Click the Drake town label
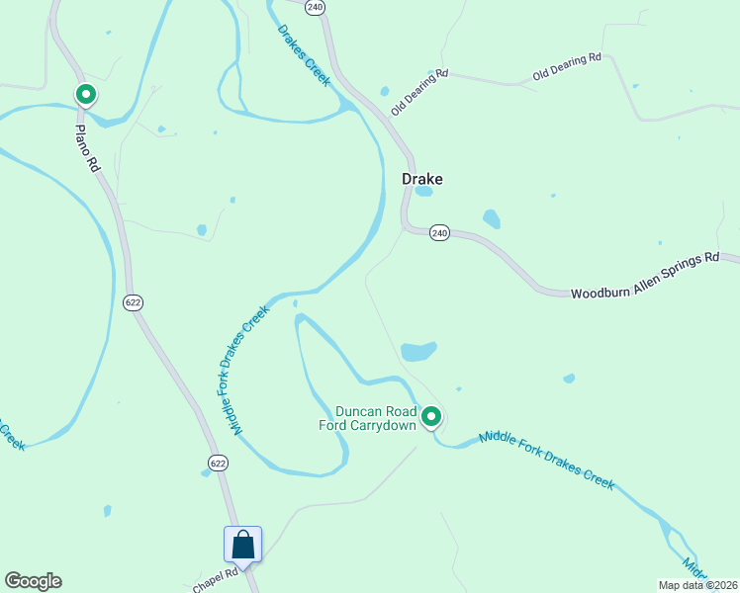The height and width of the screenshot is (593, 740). coord(421,179)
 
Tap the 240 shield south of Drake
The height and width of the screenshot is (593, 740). coord(440,233)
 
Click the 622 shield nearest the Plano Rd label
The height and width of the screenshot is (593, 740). coord(134,301)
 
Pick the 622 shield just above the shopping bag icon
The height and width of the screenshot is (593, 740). coord(218,463)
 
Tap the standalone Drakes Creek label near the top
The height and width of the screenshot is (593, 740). coord(303,55)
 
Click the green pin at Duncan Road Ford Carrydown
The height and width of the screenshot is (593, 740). coord(431,417)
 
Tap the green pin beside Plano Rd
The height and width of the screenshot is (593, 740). coord(86,95)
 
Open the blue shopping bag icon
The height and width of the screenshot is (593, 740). coord(243,545)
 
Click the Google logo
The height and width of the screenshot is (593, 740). coord(33,581)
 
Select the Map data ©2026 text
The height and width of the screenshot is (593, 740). coord(698,585)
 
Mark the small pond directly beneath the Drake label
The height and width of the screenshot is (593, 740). coord(423,192)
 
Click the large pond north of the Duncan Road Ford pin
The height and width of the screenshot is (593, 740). coord(418,351)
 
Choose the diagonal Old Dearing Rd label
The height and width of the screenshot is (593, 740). coord(419,92)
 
